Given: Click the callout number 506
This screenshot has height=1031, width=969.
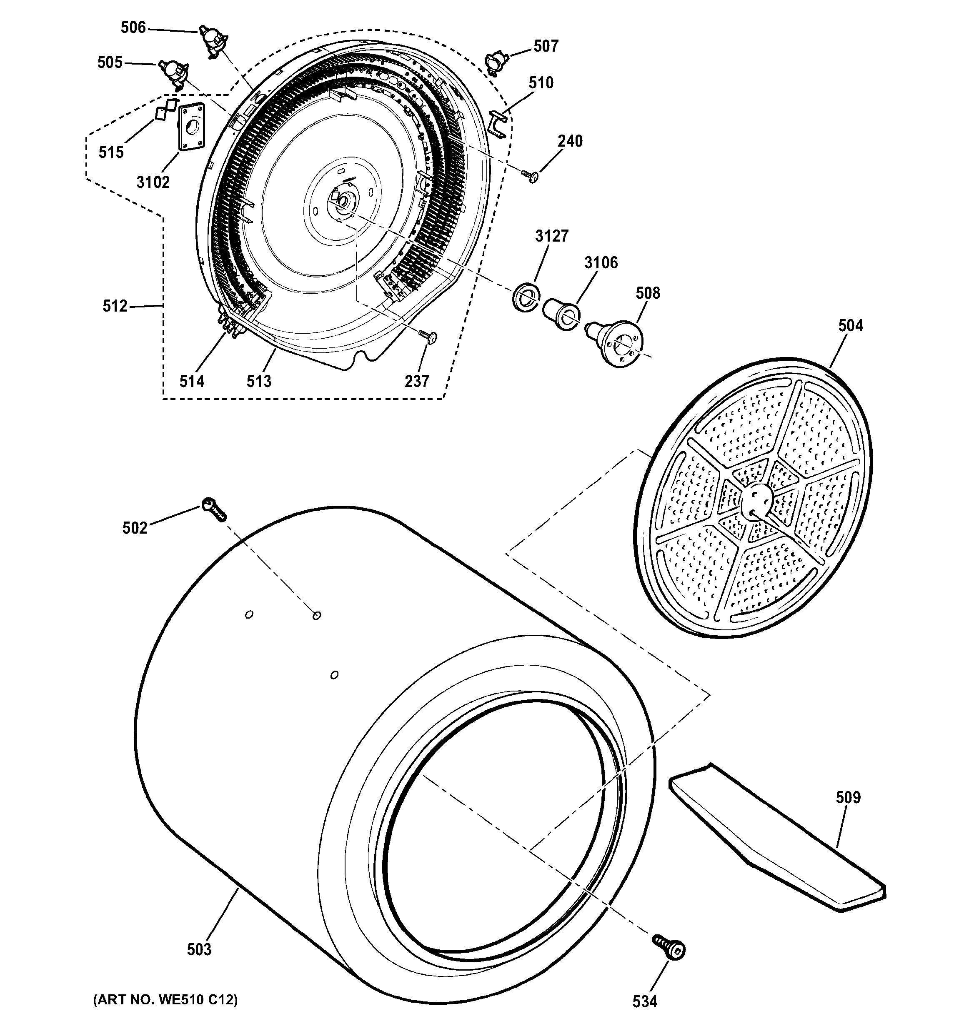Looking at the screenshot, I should point(133,27).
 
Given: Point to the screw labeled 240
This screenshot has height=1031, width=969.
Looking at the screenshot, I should point(530,176).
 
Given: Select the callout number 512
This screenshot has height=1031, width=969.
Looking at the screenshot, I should point(115,306).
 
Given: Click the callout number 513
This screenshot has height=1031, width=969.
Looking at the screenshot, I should point(258,381).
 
